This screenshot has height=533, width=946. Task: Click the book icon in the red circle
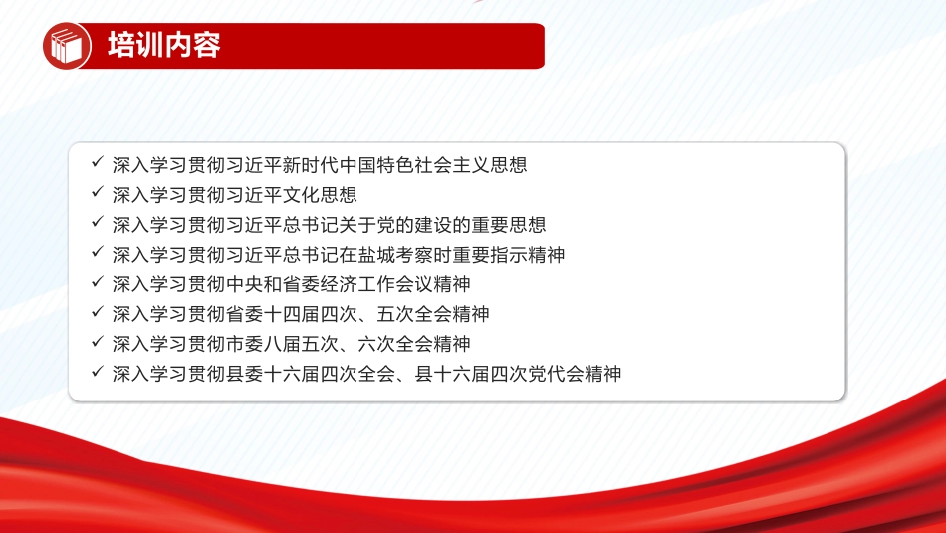click(x=66, y=46)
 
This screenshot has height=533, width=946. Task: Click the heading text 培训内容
click(x=164, y=45)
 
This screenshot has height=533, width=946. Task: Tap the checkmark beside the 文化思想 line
click(x=98, y=192)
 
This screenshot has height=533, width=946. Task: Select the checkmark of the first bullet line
click(x=98, y=161)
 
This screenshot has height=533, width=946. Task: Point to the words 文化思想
click(x=320, y=195)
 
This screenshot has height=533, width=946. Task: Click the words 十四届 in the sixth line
click(x=292, y=314)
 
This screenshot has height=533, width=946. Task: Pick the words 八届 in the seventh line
click(x=283, y=344)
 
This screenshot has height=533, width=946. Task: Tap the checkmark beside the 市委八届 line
click(x=98, y=341)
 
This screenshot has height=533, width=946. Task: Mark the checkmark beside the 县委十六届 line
click(x=98, y=371)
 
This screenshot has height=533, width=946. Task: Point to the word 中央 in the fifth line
click(x=244, y=284)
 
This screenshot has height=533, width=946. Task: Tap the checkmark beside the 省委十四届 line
click(x=98, y=311)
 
